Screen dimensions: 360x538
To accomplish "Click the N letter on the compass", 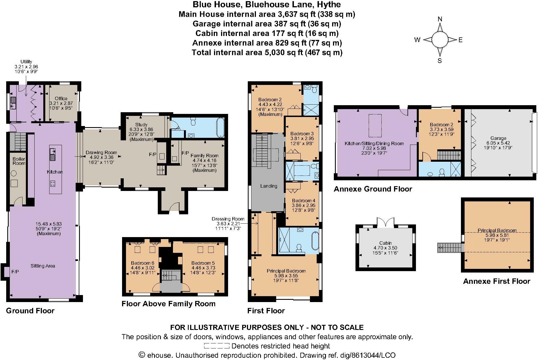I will tap(440, 19).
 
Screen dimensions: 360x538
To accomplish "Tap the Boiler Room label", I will tap(19, 161).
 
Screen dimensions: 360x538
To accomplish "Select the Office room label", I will tap(61, 98).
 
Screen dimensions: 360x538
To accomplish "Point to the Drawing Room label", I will tap(101, 153).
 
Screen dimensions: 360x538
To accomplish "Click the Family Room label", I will tap(204, 156).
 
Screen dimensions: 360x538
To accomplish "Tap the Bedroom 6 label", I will tap(143, 263).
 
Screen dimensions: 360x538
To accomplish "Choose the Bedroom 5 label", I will tap(203, 263).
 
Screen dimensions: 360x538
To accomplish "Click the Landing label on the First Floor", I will tap(269, 186).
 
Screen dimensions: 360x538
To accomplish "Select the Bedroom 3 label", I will tap(302, 134).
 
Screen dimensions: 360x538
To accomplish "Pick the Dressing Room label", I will tap(228, 219).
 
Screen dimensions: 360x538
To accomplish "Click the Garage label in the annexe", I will tap(498, 138).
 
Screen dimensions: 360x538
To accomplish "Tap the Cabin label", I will tap(385, 243).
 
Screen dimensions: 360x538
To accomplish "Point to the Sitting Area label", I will tap(43, 266).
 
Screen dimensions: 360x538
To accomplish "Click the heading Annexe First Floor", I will tap(497, 281).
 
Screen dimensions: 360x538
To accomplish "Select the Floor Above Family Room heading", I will tap(168, 304).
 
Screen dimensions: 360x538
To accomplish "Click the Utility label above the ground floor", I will tap(26, 62).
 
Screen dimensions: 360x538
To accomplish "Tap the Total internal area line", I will tap(267, 53).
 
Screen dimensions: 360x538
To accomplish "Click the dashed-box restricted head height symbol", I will tap(217, 346).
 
